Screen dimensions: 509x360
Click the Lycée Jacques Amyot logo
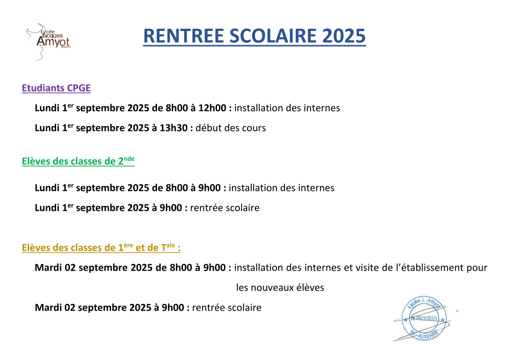pos(49,41)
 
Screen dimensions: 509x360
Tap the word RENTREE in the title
pos(184,36)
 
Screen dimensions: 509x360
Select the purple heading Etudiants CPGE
pos(56,88)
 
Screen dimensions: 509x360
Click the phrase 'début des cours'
pos(231,128)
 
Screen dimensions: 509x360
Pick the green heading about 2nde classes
pos(78,161)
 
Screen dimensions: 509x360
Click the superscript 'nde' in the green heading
pos(129,159)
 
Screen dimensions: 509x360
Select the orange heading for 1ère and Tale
pos(101,247)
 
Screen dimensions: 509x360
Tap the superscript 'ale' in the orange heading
pos(171,245)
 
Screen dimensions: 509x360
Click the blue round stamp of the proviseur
pos(424,319)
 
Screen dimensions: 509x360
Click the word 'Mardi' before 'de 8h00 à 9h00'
pos(48,268)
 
